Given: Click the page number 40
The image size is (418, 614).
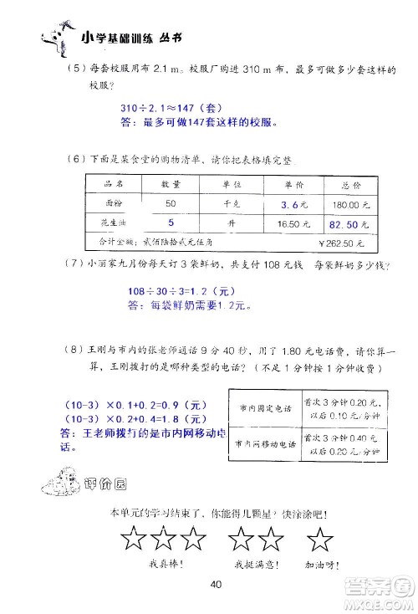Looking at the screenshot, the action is pyautogui.click(x=216, y=583).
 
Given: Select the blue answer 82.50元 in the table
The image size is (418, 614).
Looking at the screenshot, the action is pyautogui.click(x=344, y=224).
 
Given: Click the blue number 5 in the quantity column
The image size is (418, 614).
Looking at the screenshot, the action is pyautogui.click(x=171, y=223).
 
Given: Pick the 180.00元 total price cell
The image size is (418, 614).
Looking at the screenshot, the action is pyautogui.click(x=345, y=204).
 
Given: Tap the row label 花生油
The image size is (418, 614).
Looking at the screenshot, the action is pyautogui.click(x=113, y=224).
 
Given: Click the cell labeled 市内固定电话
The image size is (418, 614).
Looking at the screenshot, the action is pyautogui.click(x=264, y=408).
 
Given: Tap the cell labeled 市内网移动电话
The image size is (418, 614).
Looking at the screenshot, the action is pyautogui.click(x=264, y=444).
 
